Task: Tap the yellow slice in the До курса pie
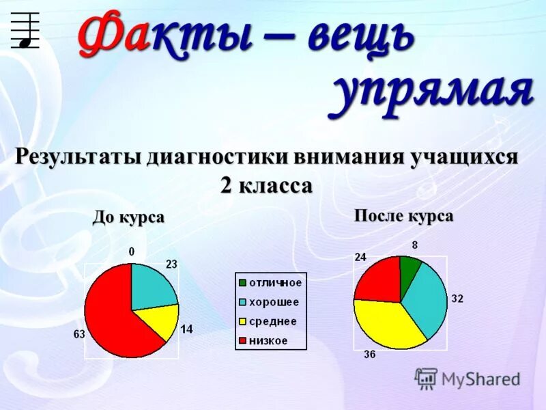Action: (158, 321)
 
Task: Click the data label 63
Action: (79, 334)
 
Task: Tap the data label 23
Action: (171, 264)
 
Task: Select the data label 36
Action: (369, 354)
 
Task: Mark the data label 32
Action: (457, 299)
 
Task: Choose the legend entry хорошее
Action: (274, 302)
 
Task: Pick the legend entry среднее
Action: (272, 321)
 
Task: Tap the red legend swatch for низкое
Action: (242, 340)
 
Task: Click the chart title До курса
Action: (129, 218)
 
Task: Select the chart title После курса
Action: (404, 217)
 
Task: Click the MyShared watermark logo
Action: (427, 378)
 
